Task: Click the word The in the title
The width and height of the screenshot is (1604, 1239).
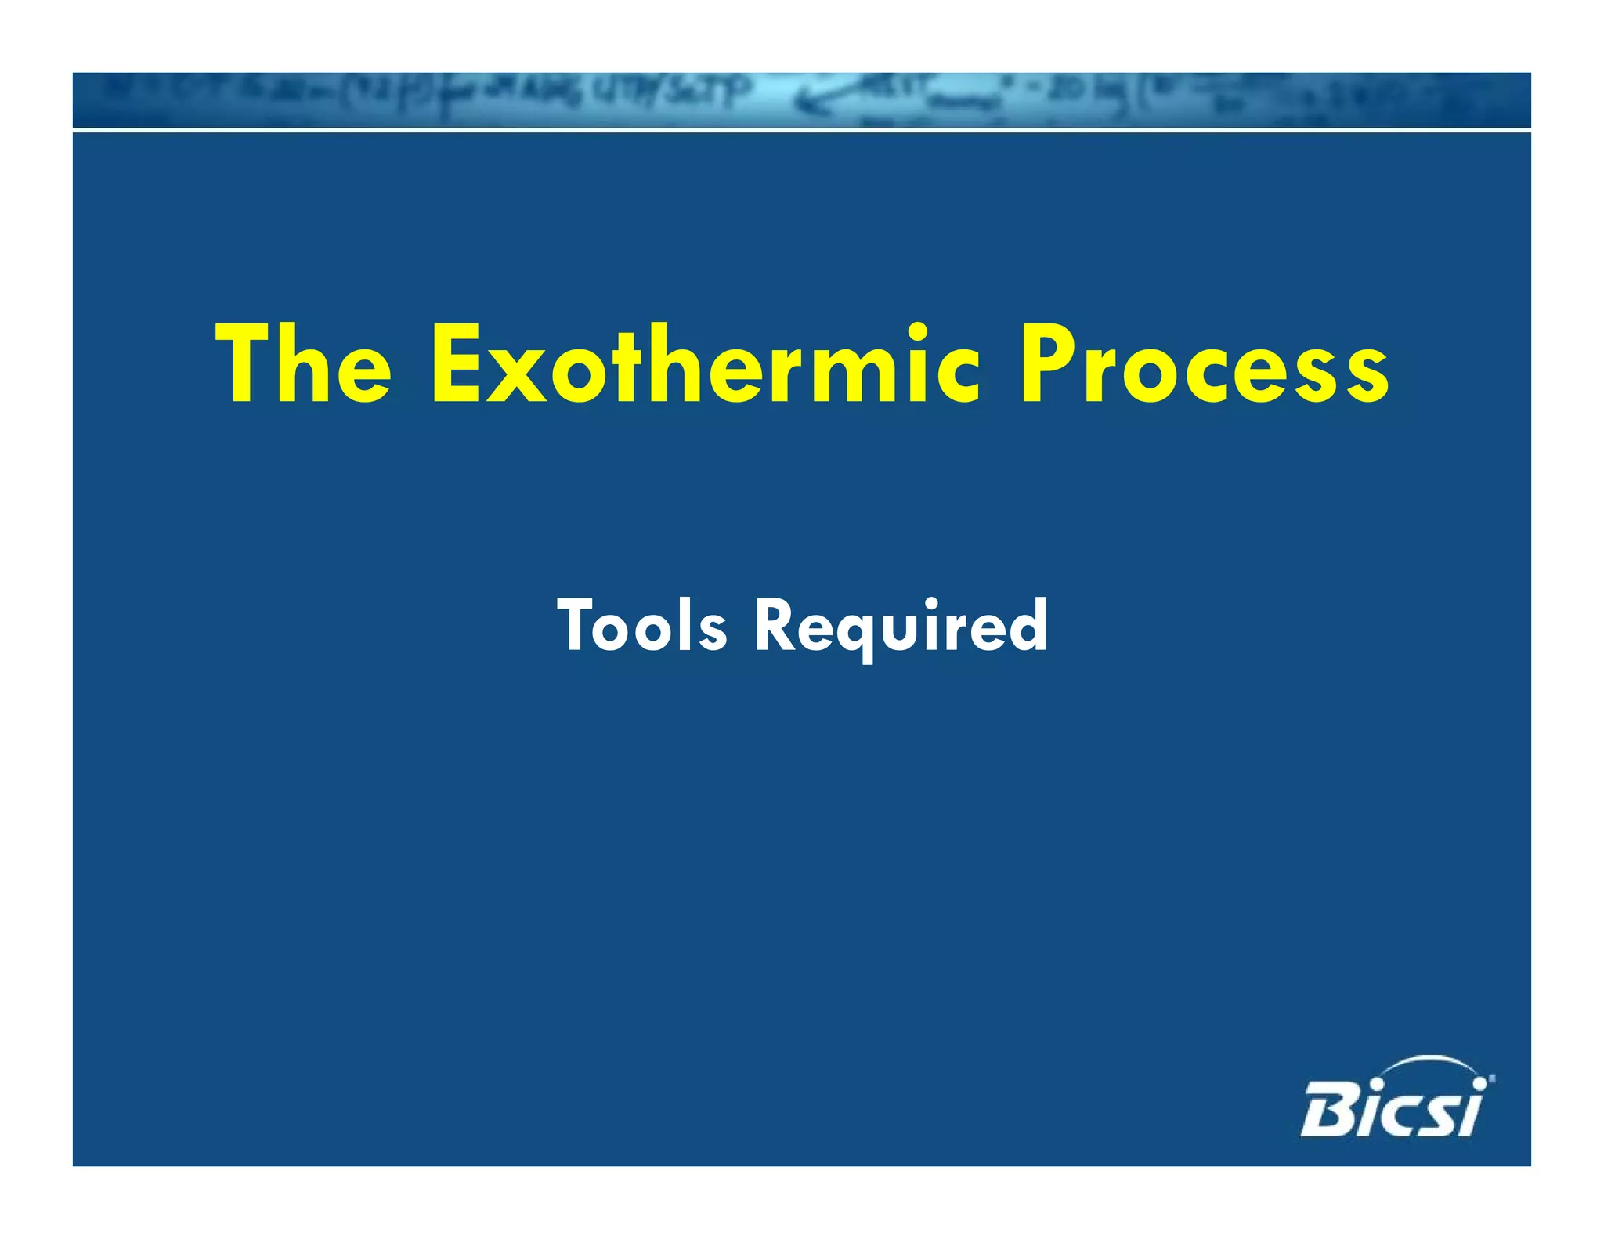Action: [x=303, y=365]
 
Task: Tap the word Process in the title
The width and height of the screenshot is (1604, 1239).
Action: [x=1203, y=365]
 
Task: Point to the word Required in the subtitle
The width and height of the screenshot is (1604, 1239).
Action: [x=900, y=626]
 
